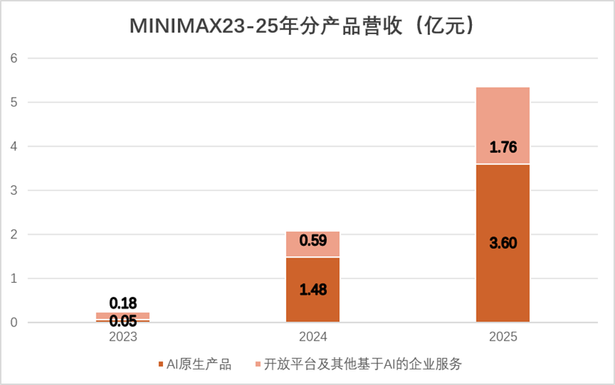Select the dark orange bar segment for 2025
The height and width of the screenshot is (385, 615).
503,243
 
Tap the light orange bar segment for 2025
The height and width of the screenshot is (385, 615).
503,125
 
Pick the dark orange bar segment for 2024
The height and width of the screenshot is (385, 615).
313,289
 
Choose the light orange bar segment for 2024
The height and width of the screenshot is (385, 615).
313,244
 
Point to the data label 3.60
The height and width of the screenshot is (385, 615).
503,243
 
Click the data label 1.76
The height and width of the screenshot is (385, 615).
503,147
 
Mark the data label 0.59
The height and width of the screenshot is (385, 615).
313,241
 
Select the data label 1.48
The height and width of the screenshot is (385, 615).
313,289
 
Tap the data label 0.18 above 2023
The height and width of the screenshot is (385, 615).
123,303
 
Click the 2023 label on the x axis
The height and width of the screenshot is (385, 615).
123,337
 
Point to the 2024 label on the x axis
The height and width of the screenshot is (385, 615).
313,337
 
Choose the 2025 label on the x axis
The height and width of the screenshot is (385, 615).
503,337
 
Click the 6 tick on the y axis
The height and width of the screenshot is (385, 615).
14,58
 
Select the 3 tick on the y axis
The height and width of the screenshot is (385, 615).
14,190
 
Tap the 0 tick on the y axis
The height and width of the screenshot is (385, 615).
14,323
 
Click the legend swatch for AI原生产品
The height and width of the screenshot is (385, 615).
160,364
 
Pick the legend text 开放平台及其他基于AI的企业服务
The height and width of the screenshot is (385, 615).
363,364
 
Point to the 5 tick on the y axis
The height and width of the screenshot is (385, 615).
14,102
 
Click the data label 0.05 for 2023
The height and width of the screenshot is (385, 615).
123,321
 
